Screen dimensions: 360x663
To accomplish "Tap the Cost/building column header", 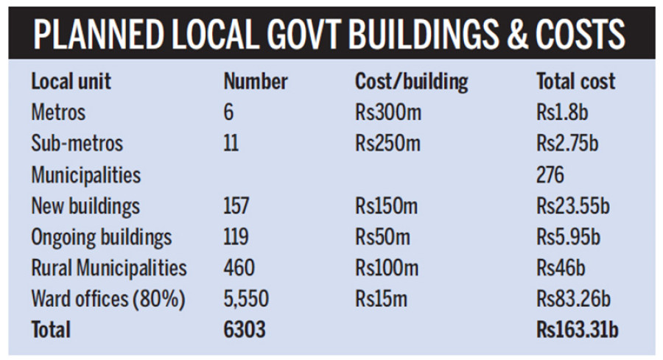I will [x=411, y=81].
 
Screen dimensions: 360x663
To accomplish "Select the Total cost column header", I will [x=575, y=81].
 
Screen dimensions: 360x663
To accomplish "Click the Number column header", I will [x=256, y=81].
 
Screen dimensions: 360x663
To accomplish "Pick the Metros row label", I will [x=58, y=113].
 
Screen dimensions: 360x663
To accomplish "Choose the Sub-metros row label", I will [x=77, y=144].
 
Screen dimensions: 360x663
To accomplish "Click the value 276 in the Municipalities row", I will [x=550, y=175].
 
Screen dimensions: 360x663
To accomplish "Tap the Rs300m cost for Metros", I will [x=387, y=113].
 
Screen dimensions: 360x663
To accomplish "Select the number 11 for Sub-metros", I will [x=231, y=144].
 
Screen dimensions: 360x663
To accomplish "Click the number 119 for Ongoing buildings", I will [x=236, y=237].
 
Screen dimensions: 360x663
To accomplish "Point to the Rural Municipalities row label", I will [x=109, y=268].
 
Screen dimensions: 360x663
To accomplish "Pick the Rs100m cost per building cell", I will [x=387, y=268].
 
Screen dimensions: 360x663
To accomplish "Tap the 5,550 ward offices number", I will [x=246, y=299].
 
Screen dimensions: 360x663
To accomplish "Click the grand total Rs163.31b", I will [x=578, y=330].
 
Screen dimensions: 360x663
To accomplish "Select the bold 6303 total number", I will [x=244, y=330].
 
